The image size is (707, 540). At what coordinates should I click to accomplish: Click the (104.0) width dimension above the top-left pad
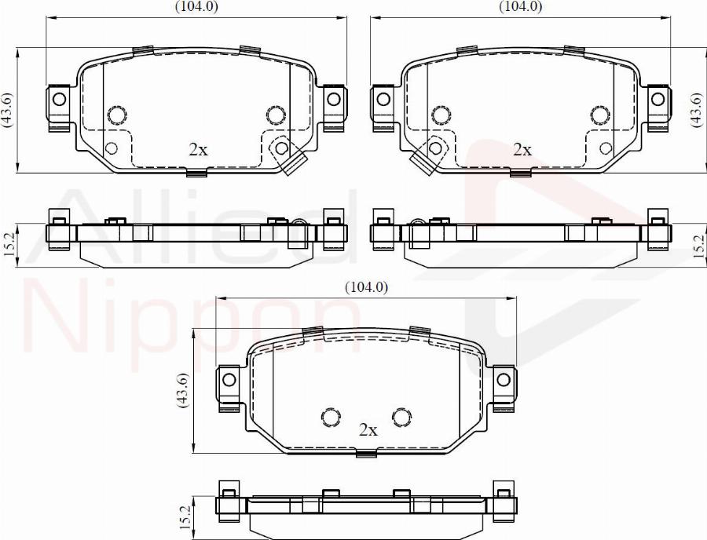point(196,6)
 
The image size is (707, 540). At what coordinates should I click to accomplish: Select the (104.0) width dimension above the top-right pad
point(520,6)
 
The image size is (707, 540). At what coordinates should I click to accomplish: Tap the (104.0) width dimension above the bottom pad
point(366,287)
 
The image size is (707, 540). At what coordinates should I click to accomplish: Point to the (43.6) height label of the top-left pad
point(8,110)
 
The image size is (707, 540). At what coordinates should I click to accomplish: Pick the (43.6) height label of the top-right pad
point(696,110)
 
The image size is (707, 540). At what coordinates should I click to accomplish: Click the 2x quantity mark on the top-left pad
point(198,149)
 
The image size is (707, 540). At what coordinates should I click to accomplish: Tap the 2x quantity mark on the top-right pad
point(522,149)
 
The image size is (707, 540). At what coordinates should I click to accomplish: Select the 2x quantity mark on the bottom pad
point(368,430)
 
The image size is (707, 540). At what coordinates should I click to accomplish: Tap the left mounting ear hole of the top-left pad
point(59,99)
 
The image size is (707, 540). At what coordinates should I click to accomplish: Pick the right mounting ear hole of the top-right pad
point(658,99)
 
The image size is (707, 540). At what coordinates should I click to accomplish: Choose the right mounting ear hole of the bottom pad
point(504,379)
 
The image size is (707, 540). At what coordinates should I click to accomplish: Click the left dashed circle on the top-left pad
point(116,115)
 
